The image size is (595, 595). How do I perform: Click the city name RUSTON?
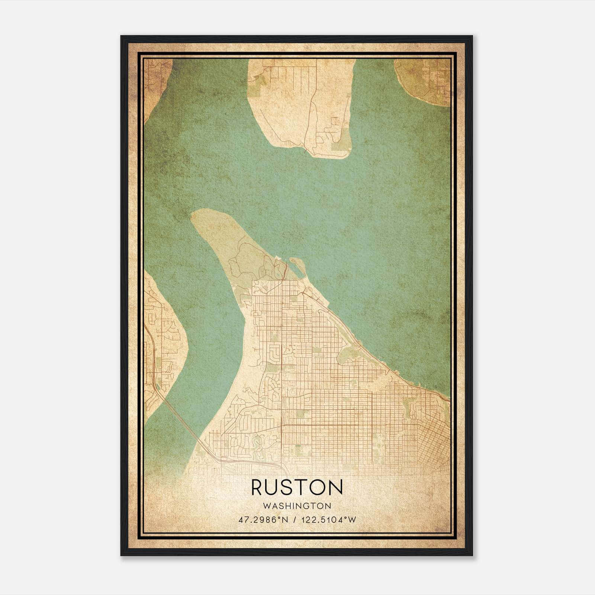(x=297, y=487)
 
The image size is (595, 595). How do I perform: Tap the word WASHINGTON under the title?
(x=297, y=506)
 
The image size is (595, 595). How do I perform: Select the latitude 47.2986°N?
(x=263, y=520)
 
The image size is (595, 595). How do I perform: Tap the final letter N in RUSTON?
(x=335, y=487)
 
